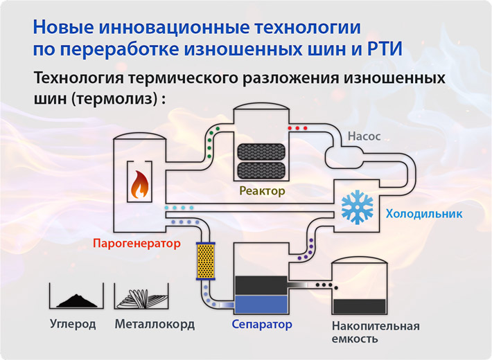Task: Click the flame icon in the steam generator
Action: click(140, 183)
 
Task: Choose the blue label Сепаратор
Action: click(262, 323)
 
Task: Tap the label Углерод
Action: click(72, 323)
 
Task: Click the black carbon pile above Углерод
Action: click(76, 299)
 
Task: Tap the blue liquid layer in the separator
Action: click(261, 303)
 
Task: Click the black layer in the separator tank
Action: click(261, 284)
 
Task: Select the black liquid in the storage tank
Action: click(360, 305)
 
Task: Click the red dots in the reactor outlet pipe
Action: click(297, 129)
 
